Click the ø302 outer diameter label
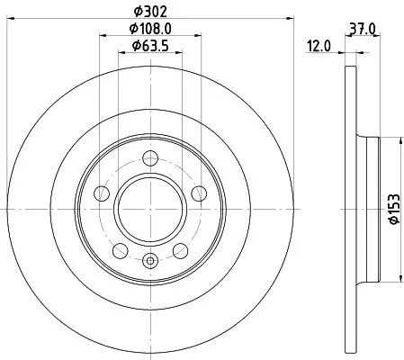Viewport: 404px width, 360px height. [x=151, y=10]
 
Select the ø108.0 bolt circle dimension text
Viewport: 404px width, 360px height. [x=151, y=29]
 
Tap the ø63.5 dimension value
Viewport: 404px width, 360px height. [x=151, y=46]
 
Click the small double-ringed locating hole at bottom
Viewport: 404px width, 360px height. [x=151, y=262]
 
